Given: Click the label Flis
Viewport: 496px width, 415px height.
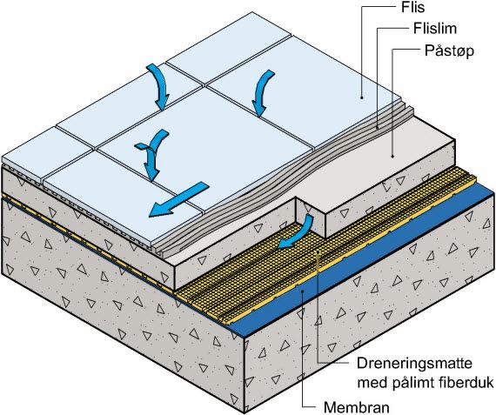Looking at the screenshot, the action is tap(412, 8).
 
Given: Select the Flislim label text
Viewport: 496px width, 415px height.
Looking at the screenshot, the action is tap(435, 29).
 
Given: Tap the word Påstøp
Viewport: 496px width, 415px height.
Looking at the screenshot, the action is tap(449, 51).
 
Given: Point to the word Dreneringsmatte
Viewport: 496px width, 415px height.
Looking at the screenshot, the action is tap(414, 364).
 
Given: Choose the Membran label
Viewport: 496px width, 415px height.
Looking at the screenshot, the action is tap(357, 407).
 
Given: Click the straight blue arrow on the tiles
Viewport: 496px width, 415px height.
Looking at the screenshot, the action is tap(178, 199).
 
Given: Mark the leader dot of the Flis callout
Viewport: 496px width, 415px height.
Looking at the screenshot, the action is tap(362, 97).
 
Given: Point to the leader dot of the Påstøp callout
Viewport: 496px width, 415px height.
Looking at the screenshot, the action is tap(392, 156).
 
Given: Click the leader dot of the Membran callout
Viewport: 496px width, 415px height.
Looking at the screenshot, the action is tap(303, 292).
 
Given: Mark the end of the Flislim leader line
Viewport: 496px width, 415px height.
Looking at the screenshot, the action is tap(378, 128).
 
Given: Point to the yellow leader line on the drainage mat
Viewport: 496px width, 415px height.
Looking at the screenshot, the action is tap(318, 307).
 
